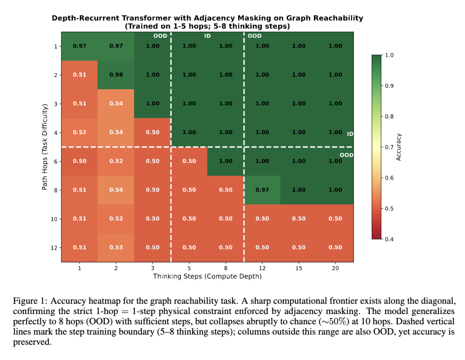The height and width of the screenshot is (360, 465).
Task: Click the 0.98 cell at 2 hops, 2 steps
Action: pos(116,75)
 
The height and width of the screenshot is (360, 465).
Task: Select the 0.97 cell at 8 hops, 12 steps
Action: pos(262,190)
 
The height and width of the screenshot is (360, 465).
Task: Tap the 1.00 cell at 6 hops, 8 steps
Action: pos(226,161)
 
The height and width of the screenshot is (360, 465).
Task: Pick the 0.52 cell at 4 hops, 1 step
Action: pos(79,132)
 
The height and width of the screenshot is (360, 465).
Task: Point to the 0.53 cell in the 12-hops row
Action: pos(116,247)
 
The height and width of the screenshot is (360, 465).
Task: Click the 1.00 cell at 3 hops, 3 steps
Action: pos(152,104)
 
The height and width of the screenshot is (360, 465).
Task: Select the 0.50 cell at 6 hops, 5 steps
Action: pos(189,161)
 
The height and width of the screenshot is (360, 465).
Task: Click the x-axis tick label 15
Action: pos(299,268)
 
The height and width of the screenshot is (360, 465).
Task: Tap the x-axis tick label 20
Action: pos(335,268)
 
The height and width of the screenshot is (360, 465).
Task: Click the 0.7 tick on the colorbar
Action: pos(389,147)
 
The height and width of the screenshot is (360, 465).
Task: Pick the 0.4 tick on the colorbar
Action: pos(389,239)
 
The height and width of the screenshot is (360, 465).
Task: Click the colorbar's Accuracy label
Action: pos(399,147)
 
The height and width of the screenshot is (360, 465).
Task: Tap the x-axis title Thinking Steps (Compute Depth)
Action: pos(207,277)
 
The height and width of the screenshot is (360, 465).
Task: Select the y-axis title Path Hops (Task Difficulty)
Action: pos(44,147)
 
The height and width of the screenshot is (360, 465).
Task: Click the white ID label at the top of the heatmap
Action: pos(208,36)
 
